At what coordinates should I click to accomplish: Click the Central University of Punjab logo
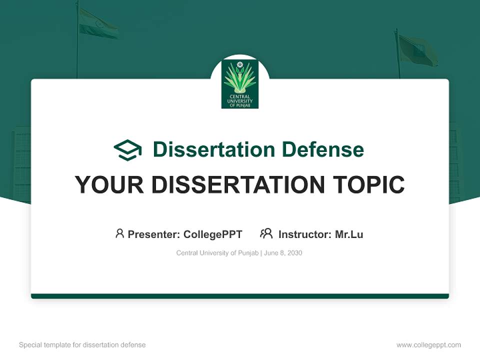click(240, 83)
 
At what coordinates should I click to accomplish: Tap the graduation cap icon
click(127, 149)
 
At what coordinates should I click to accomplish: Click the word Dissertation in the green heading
click(213, 149)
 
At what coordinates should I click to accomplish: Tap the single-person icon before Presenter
click(119, 233)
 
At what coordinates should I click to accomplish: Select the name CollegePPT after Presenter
click(212, 234)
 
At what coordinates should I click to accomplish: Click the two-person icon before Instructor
click(266, 233)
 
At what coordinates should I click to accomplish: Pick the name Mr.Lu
click(349, 234)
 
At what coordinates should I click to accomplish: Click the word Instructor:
click(305, 234)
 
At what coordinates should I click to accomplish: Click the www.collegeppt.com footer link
click(428, 345)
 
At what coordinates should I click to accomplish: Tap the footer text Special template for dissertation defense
click(82, 345)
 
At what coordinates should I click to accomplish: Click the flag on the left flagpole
click(98, 25)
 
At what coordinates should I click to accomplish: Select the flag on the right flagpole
click(417, 50)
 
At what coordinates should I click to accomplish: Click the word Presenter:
click(154, 234)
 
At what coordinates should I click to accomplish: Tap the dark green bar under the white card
click(240, 296)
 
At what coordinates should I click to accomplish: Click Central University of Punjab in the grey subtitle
click(217, 253)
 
